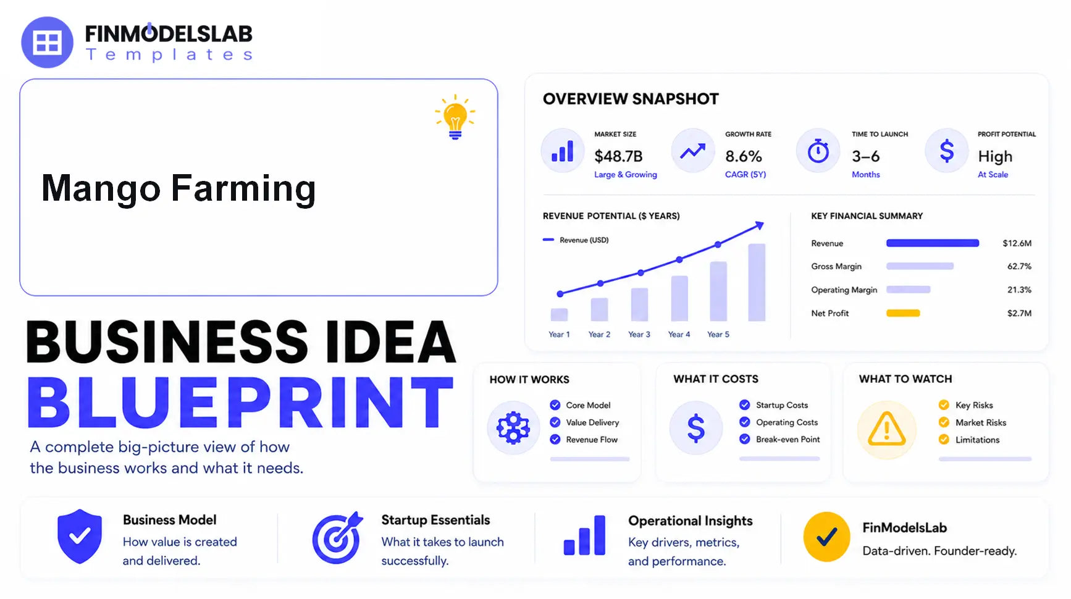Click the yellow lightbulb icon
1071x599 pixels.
(x=455, y=117)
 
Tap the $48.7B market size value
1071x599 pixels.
(x=618, y=156)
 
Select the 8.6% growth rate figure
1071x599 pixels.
(x=744, y=156)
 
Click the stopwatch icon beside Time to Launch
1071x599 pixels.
(x=818, y=151)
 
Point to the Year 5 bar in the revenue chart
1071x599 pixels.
(x=757, y=282)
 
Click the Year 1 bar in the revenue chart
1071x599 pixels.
(x=559, y=314)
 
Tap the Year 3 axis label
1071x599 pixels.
(x=639, y=334)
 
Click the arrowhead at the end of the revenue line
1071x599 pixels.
(x=759, y=225)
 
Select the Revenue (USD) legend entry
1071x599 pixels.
(x=576, y=240)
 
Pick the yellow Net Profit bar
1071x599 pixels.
(x=903, y=313)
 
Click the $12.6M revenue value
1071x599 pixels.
(x=1017, y=243)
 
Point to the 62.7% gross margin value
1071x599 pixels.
(x=1019, y=266)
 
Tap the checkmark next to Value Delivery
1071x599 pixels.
(x=555, y=422)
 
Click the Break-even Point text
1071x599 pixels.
(x=788, y=439)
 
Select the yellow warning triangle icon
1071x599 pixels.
(x=887, y=429)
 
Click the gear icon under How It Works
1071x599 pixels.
(x=513, y=427)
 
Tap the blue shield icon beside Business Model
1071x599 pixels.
(x=80, y=536)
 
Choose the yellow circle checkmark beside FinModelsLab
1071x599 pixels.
(x=827, y=537)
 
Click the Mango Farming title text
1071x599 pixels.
(x=178, y=188)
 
